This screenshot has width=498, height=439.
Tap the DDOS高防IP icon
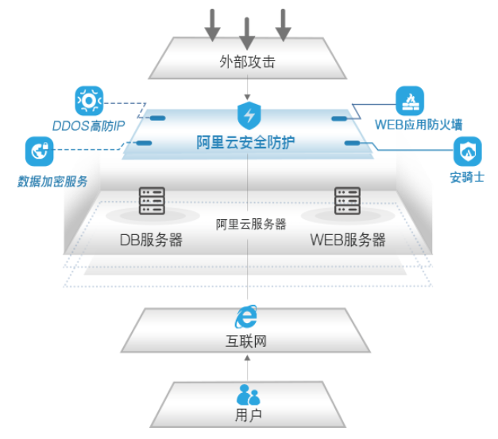89,102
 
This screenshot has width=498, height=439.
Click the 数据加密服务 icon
39,151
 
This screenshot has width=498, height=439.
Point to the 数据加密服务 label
53,181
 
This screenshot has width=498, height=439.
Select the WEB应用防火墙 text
419,125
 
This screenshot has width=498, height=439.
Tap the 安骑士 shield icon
467,149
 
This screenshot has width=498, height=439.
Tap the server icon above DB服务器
151,202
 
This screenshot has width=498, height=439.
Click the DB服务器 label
151,240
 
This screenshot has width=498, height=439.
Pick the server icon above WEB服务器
347,202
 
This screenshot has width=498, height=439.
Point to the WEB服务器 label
348,240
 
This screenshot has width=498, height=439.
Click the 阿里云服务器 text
251,224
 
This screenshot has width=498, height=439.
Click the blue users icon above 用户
249,394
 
